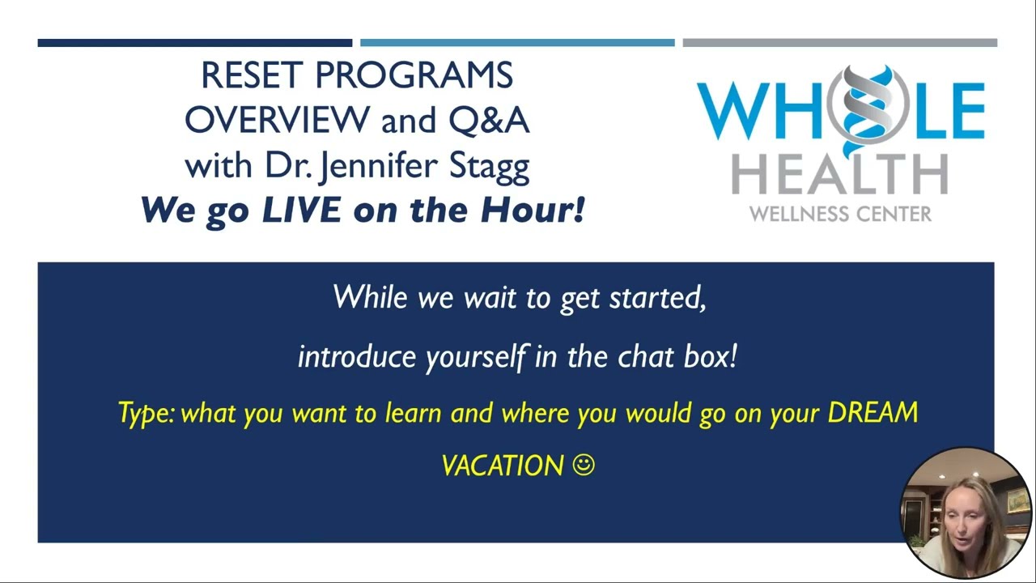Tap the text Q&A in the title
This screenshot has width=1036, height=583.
pos(489,121)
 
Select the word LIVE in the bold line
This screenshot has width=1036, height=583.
pos(302,211)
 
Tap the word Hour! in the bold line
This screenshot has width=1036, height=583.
pos(533,211)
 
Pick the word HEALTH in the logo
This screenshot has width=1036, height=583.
pos(839,174)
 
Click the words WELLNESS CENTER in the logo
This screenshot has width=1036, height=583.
pos(839,215)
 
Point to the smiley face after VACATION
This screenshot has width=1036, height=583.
pos(584,465)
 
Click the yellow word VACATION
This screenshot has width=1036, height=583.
pos(502,466)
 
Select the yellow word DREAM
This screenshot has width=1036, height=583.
pos(873,413)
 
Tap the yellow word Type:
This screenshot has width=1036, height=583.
pos(146,414)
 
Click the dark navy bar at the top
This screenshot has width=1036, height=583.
pos(194,43)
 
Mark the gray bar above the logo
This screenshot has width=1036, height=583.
pos(839,43)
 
